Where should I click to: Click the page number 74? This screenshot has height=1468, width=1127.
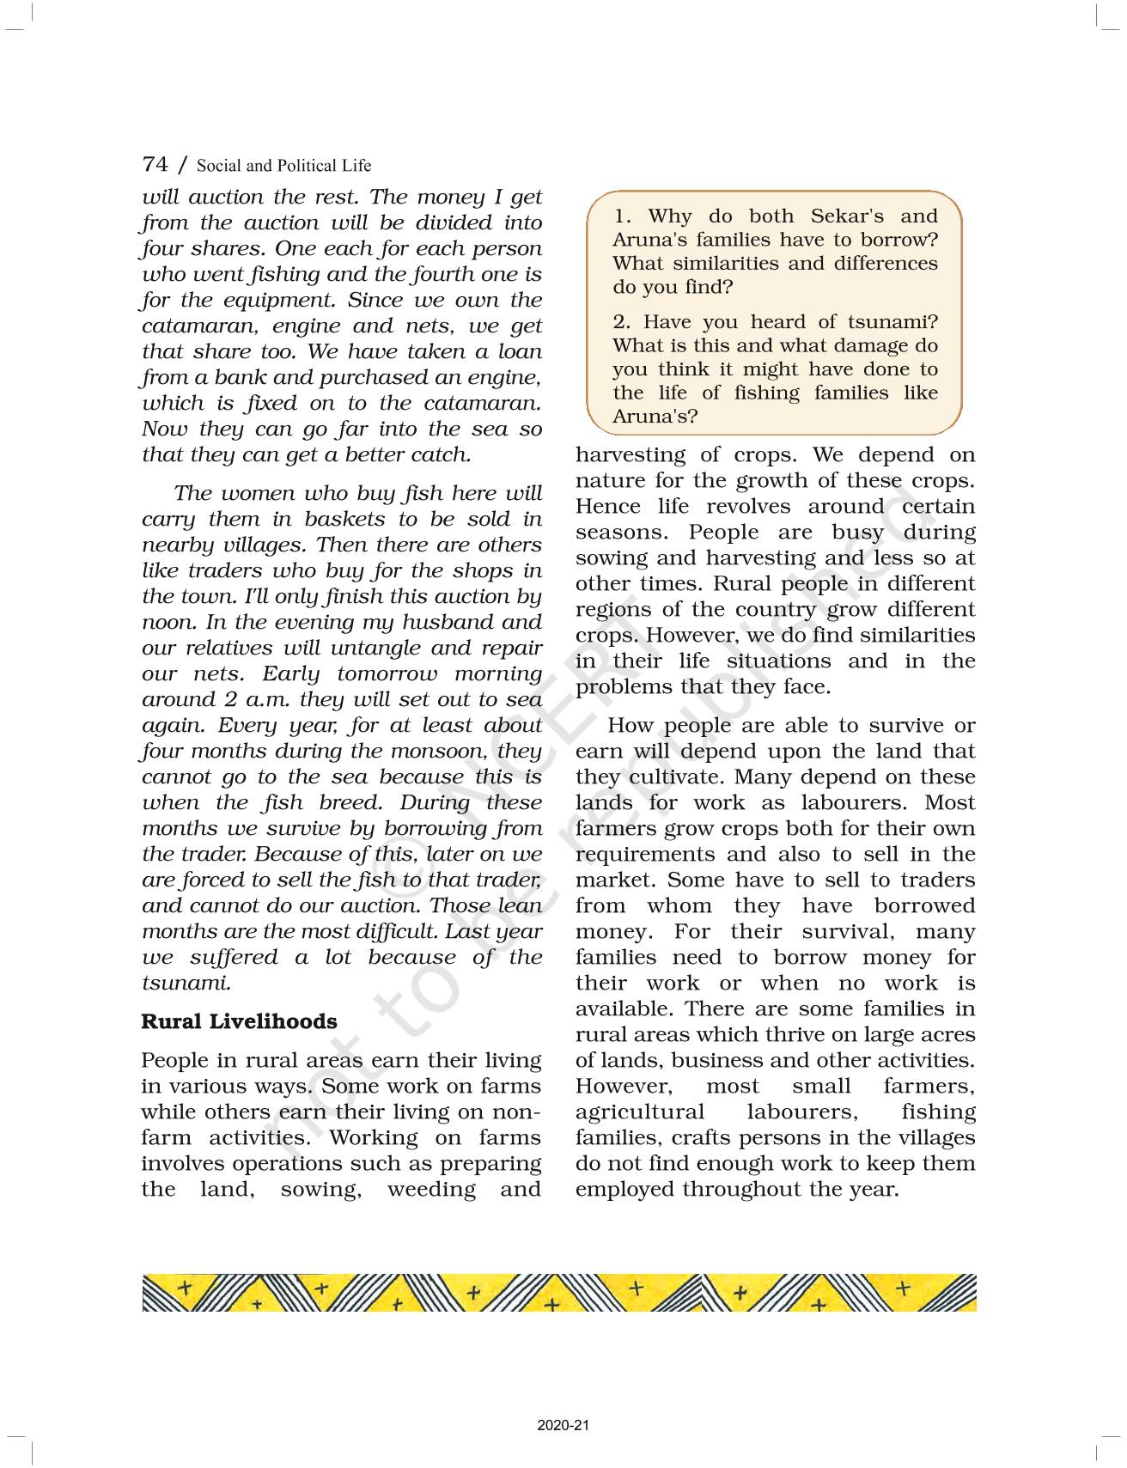tap(155, 164)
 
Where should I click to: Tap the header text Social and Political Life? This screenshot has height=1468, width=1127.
tap(283, 166)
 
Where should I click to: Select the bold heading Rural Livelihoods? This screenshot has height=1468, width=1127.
tap(239, 1021)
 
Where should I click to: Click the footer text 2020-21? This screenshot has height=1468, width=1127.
tap(563, 1426)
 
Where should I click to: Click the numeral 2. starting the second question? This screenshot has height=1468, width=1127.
tap(622, 322)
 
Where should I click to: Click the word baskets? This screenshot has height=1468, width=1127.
tap(346, 520)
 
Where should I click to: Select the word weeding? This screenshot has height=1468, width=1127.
tap(431, 1190)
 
